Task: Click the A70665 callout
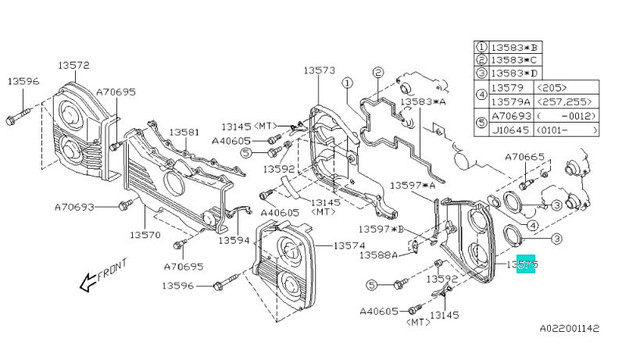[524, 157]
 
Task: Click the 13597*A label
[412, 185]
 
